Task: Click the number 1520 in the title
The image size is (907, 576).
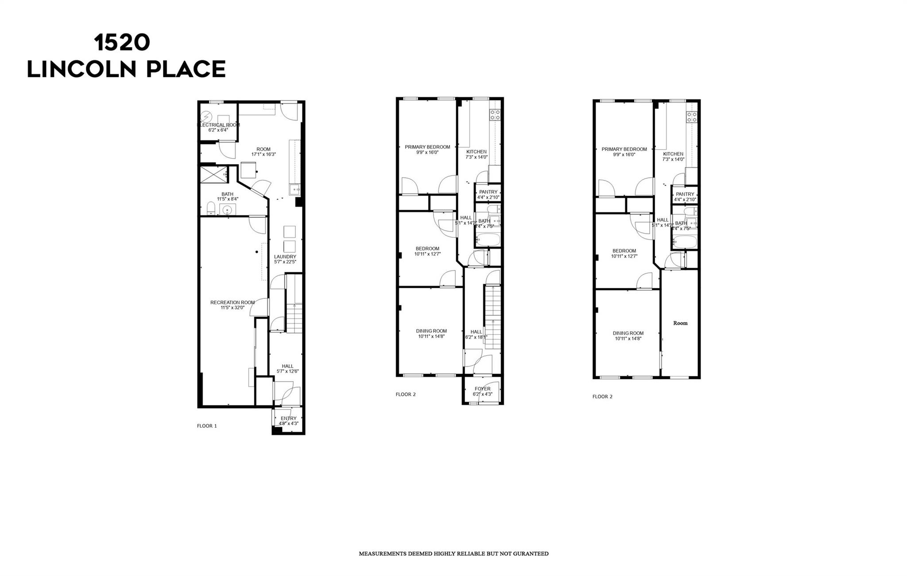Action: pos(122,43)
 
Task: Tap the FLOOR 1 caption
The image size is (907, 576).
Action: pos(207,426)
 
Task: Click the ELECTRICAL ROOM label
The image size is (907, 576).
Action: pos(218,125)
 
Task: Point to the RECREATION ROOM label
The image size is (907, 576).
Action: pos(233,303)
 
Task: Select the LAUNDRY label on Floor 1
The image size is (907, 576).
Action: pos(285,257)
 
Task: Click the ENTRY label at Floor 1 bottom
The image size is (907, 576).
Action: pos(288,418)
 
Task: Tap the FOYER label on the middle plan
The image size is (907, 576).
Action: pos(482,389)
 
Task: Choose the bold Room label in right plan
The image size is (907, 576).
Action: pos(680,323)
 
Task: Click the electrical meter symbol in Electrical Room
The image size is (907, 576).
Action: pos(206,117)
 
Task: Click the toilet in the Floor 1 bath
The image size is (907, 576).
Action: pos(211,209)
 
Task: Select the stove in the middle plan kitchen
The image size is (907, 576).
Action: pos(495,115)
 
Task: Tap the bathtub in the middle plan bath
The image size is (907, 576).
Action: pos(488,241)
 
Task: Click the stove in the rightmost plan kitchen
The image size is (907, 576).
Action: pos(691,117)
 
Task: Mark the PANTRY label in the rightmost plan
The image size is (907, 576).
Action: pos(685,194)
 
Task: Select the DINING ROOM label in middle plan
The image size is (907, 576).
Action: pos(431,331)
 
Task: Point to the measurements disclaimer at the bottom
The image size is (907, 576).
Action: pos(453,554)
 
